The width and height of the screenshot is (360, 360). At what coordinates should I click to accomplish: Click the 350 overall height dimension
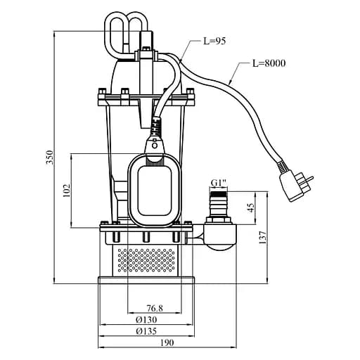pyautogui.click(x=49, y=157)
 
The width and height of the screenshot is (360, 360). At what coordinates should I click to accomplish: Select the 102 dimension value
pyautogui.click(x=67, y=190)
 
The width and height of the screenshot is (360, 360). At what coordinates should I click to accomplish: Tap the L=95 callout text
pyautogui.click(x=214, y=41)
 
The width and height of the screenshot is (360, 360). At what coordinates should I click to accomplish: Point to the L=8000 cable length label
pyautogui.click(x=269, y=63)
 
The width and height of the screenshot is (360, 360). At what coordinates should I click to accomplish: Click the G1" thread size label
pyautogui.click(x=219, y=183)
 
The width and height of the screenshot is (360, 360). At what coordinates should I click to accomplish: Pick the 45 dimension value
pyautogui.click(x=250, y=207)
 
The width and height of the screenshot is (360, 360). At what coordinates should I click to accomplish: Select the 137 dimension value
pyautogui.click(x=263, y=237)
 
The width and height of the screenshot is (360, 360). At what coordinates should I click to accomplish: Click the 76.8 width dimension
pyautogui.click(x=155, y=308)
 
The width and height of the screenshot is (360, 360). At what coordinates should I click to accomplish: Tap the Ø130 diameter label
pyautogui.click(x=146, y=320)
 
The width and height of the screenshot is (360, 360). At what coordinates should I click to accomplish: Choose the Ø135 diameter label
pyautogui.click(x=146, y=331)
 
